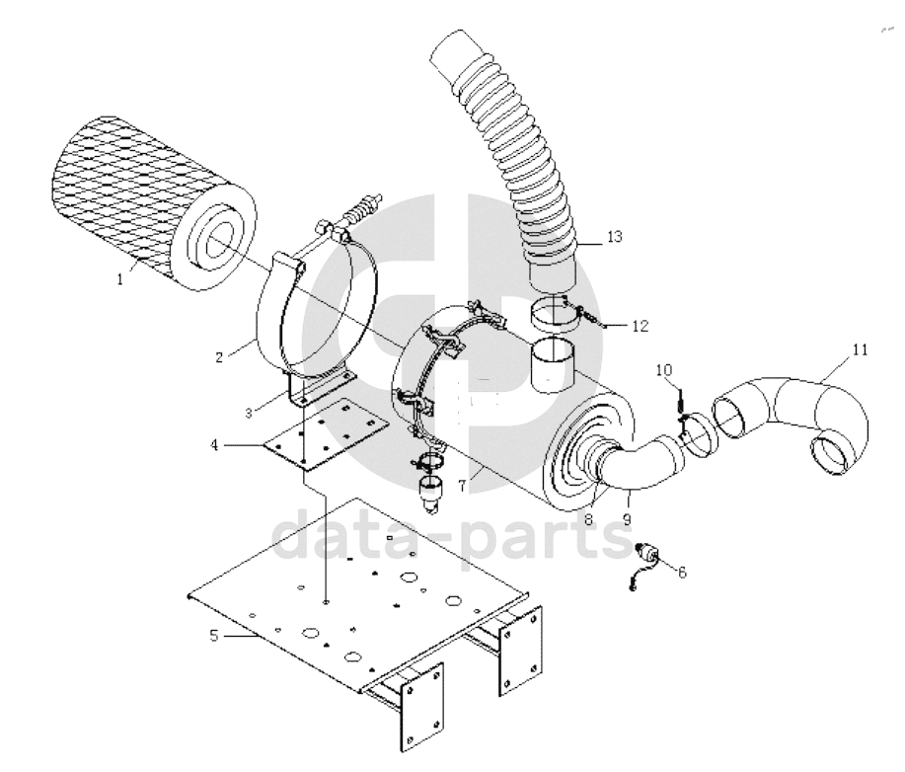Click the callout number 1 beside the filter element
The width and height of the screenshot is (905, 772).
(x=120, y=280)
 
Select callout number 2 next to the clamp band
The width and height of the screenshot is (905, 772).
(x=219, y=357)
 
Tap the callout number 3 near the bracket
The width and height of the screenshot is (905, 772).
(x=249, y=414)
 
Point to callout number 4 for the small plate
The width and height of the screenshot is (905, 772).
(x=214, y=445)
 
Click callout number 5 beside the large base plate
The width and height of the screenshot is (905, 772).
(x=214, y=637)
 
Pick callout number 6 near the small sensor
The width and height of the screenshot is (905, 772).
(x=682, y=573)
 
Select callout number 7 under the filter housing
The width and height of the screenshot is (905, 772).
(x=462, y=487)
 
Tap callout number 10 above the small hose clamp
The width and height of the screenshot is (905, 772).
(x=664, y=369)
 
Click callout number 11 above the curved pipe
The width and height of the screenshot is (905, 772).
(x=860, y=349)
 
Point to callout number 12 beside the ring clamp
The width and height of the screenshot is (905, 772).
(x=641, y=326)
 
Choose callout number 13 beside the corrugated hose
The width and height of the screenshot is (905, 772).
(x=615, y=236)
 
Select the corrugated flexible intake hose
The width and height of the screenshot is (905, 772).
(x=508, y=156)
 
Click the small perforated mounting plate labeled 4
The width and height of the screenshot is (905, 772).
(x=325, y=433)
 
